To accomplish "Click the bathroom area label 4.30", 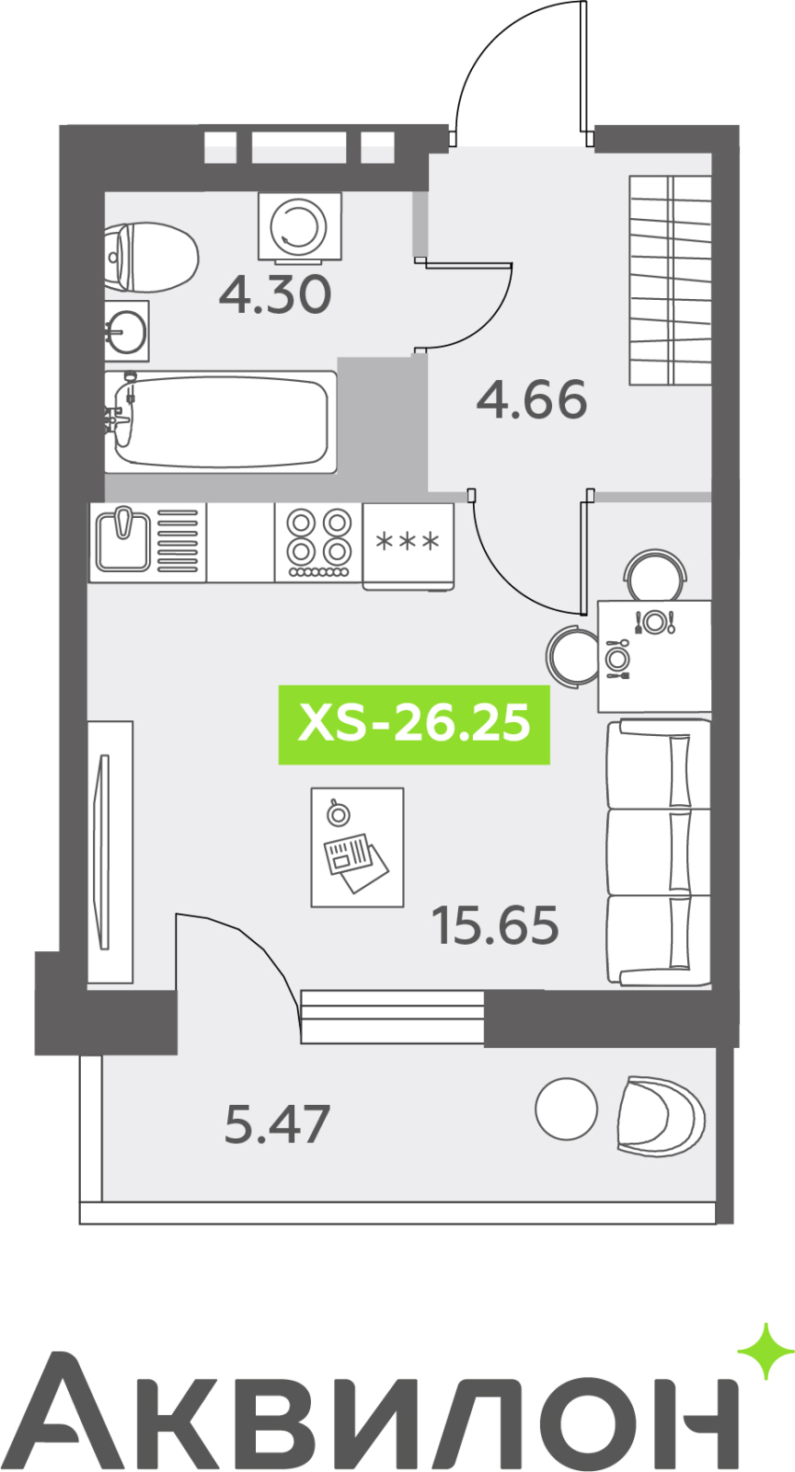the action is click(274, 294).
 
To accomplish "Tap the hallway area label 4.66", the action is click(531, 399).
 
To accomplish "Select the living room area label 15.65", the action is click(495, 926).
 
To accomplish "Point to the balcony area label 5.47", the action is click(277, 1124).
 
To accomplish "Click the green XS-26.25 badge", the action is click(414, 724).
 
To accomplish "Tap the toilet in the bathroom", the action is click(151, 257).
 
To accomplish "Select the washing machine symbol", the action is click(300, 225).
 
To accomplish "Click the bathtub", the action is click(221, 421).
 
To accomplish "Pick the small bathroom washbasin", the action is click(126, 330).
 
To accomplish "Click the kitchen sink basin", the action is click(123, 542).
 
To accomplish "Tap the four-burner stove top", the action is click(318, 542).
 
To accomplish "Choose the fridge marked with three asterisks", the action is click(408, 545).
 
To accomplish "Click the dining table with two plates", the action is click(653, 656).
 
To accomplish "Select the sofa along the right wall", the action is click(658, 852).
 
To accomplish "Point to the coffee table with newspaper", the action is click(357, 847).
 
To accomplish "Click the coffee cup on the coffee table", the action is click(338, 813).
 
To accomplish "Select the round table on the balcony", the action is click(567, 1109).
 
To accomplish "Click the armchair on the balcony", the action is click(661, 1114).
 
